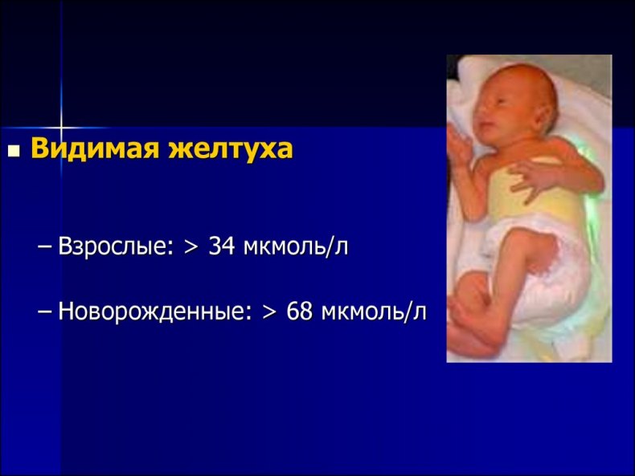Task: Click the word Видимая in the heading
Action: click(x=95, y=148)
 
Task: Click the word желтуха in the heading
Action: click(x=231, y=148)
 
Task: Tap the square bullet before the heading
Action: click(x=14, y=150)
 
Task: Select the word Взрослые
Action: click(x=116, y=246)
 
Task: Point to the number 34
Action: click(x=222, y=246)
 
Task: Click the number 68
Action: click(x=300, y=311)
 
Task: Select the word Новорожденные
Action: click(x=155, y=311)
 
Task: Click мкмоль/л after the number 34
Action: click(x=296, y=246)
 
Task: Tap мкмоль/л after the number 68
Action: click(x=374, y=311)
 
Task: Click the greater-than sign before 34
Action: click(x=190, y=246)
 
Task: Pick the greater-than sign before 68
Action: click(x=268, y=312)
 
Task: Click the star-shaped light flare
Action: click(x=61, y=128)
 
